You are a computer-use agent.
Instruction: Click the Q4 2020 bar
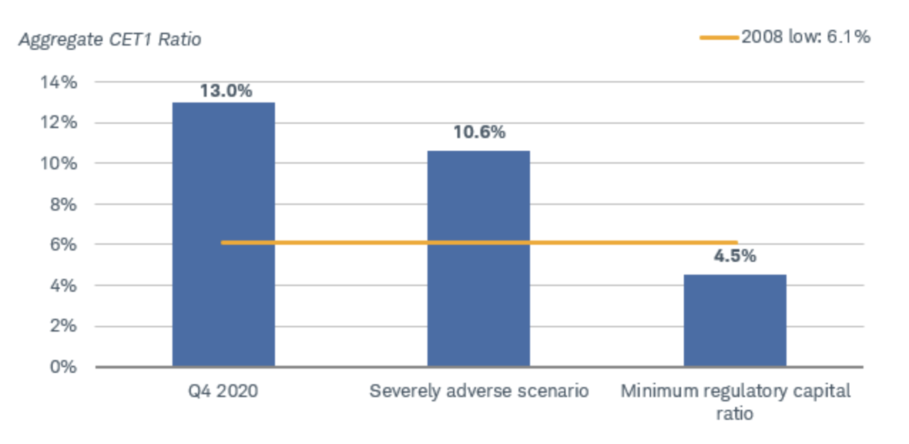224,234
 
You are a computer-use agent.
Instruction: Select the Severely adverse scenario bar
479,259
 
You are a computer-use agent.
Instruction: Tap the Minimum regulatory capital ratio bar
735,321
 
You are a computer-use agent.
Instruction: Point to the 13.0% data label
226,91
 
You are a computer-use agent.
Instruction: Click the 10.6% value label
479,132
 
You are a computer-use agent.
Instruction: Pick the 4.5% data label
735,256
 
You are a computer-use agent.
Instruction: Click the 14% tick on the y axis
58,83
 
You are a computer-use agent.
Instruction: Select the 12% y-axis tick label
58,122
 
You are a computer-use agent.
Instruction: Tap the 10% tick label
58,164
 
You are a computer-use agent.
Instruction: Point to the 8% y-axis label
63,204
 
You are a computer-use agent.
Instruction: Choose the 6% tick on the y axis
63,245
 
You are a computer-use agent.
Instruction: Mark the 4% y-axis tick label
63,286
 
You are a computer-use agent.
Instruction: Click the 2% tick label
63,326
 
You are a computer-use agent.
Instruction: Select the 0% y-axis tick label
63,366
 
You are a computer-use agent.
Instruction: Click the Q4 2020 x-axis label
223,391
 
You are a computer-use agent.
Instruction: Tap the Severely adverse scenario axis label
479,391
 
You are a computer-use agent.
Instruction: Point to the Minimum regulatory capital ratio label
735,402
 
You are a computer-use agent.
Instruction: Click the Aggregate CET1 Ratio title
110,40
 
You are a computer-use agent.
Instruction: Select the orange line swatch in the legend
719,38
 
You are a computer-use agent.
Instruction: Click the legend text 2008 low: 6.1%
806,37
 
